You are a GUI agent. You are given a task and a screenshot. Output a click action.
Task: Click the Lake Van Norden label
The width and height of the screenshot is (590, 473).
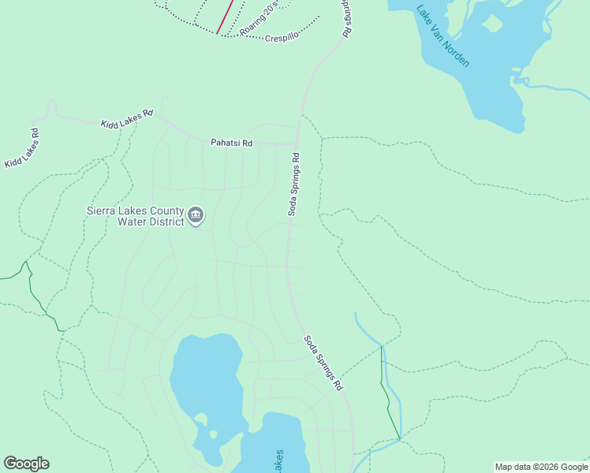coord(442,36)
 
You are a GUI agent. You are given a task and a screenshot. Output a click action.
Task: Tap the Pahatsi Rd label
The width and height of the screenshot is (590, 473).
coord(231,143)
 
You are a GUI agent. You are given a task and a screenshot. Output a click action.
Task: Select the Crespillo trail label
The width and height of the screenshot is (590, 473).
coord(282,37)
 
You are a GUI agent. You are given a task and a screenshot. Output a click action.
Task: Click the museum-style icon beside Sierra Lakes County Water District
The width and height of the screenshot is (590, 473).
coord(196,214)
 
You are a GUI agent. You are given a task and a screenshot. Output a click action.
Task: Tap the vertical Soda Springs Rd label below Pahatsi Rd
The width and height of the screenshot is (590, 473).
coord(293,184)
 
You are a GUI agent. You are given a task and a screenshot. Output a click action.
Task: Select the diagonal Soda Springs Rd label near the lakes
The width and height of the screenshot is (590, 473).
coord(324,363)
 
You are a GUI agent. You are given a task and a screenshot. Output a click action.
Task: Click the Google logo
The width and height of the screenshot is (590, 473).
coord(26,464)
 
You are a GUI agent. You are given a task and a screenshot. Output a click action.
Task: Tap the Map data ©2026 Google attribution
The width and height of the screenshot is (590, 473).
coord(541,467)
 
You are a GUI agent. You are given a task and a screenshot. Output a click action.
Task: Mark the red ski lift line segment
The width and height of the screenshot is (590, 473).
coord(225,17)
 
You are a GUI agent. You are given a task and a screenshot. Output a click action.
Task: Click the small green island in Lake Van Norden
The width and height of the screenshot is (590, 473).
coord(493,23)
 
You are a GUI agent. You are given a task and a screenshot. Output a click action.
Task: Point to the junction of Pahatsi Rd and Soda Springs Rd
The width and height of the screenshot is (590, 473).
coord(297,143)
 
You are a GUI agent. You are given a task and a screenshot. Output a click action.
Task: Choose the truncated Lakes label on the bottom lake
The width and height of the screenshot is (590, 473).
coord(278,462)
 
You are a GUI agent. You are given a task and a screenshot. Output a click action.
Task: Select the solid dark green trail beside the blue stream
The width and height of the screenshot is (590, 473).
coord(388,394)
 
